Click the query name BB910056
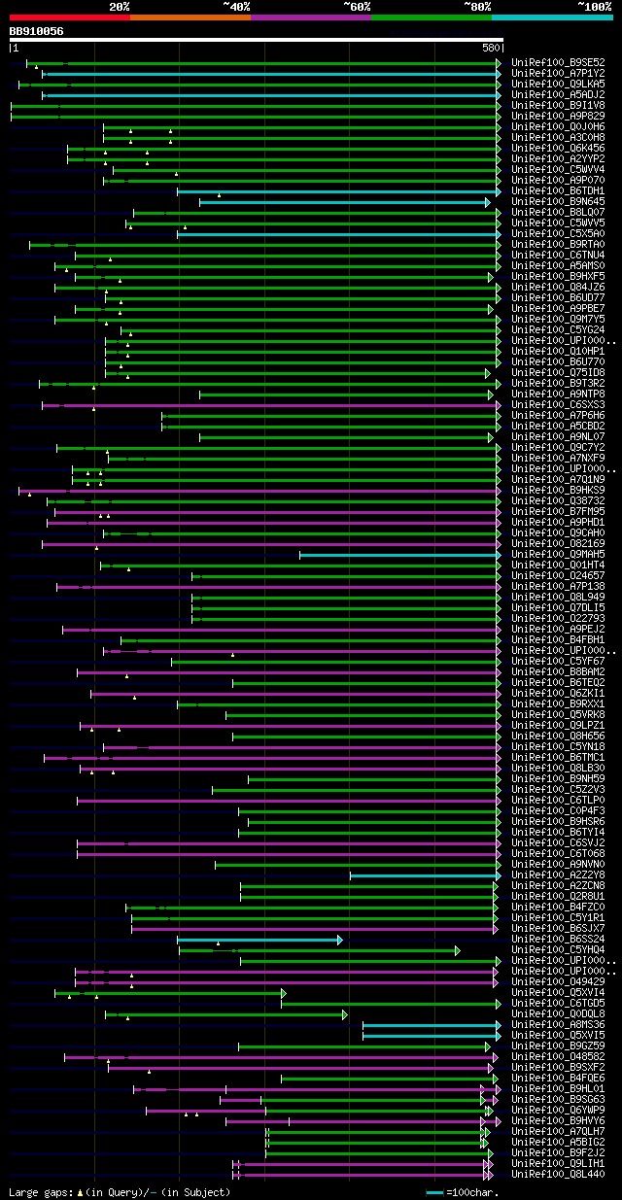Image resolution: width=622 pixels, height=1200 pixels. tap(36, 31)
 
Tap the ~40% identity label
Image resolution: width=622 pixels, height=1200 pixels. tap(236, 6)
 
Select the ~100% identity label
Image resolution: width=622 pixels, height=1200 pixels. tap(594, 6)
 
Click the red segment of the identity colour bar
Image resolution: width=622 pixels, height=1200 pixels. tap(69, 17)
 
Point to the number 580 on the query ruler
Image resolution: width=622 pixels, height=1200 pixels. tap(489, 47)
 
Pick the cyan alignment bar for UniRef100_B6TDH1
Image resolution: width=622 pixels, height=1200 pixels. tap(336, 191)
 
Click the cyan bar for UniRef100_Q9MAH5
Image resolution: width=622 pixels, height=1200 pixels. tap(398, 555)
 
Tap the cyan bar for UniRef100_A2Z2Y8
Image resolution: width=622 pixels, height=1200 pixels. tap(424, 875)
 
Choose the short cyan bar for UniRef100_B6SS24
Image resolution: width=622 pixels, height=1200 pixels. tap(259, 940)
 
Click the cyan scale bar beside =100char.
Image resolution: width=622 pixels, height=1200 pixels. tap(434, 1191)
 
